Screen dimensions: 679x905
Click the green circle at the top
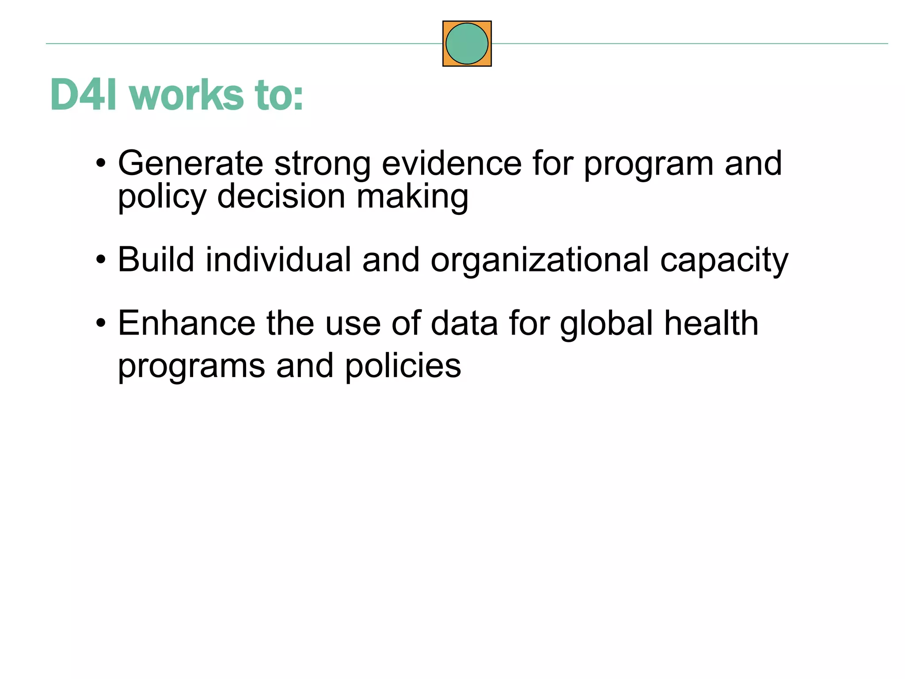pos(467,44)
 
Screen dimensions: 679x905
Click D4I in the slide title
pos(84,95)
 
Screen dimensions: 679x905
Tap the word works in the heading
pos(186,95)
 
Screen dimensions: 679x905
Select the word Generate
pos(190,164)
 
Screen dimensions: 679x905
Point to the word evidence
pos(451,164)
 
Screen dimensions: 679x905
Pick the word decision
pos(281,196)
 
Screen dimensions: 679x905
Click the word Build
pos(156,259)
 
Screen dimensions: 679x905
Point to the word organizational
pos(540,260)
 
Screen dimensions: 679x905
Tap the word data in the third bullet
pos(464,323)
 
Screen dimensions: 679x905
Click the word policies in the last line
pos(403,366)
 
